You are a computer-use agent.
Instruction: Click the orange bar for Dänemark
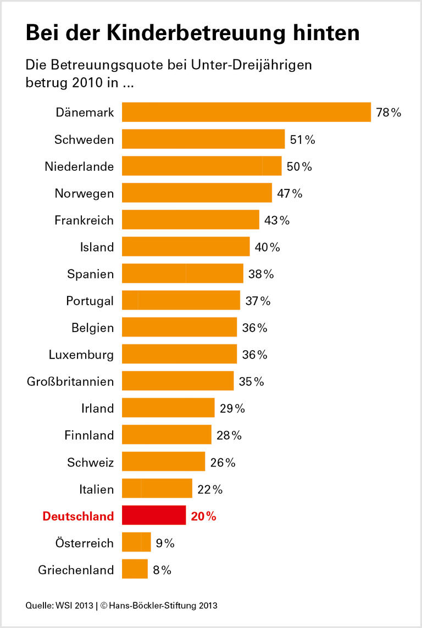246,112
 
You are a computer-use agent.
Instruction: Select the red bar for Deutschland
154,516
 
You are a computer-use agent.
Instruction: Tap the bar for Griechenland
135,569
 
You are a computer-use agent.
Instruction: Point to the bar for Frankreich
190,220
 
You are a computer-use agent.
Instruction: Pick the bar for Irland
168,408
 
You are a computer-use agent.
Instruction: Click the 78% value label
388,113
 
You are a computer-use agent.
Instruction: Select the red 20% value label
203,516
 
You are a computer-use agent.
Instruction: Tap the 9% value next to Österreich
165,543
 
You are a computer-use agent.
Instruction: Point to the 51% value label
302,139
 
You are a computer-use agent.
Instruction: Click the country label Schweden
84,139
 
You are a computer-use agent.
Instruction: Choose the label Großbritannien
70,381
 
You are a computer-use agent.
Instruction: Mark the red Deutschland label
78,516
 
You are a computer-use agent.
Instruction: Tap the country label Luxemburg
81,354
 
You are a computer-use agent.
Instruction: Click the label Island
97,247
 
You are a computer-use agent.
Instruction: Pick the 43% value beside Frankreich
276,220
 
